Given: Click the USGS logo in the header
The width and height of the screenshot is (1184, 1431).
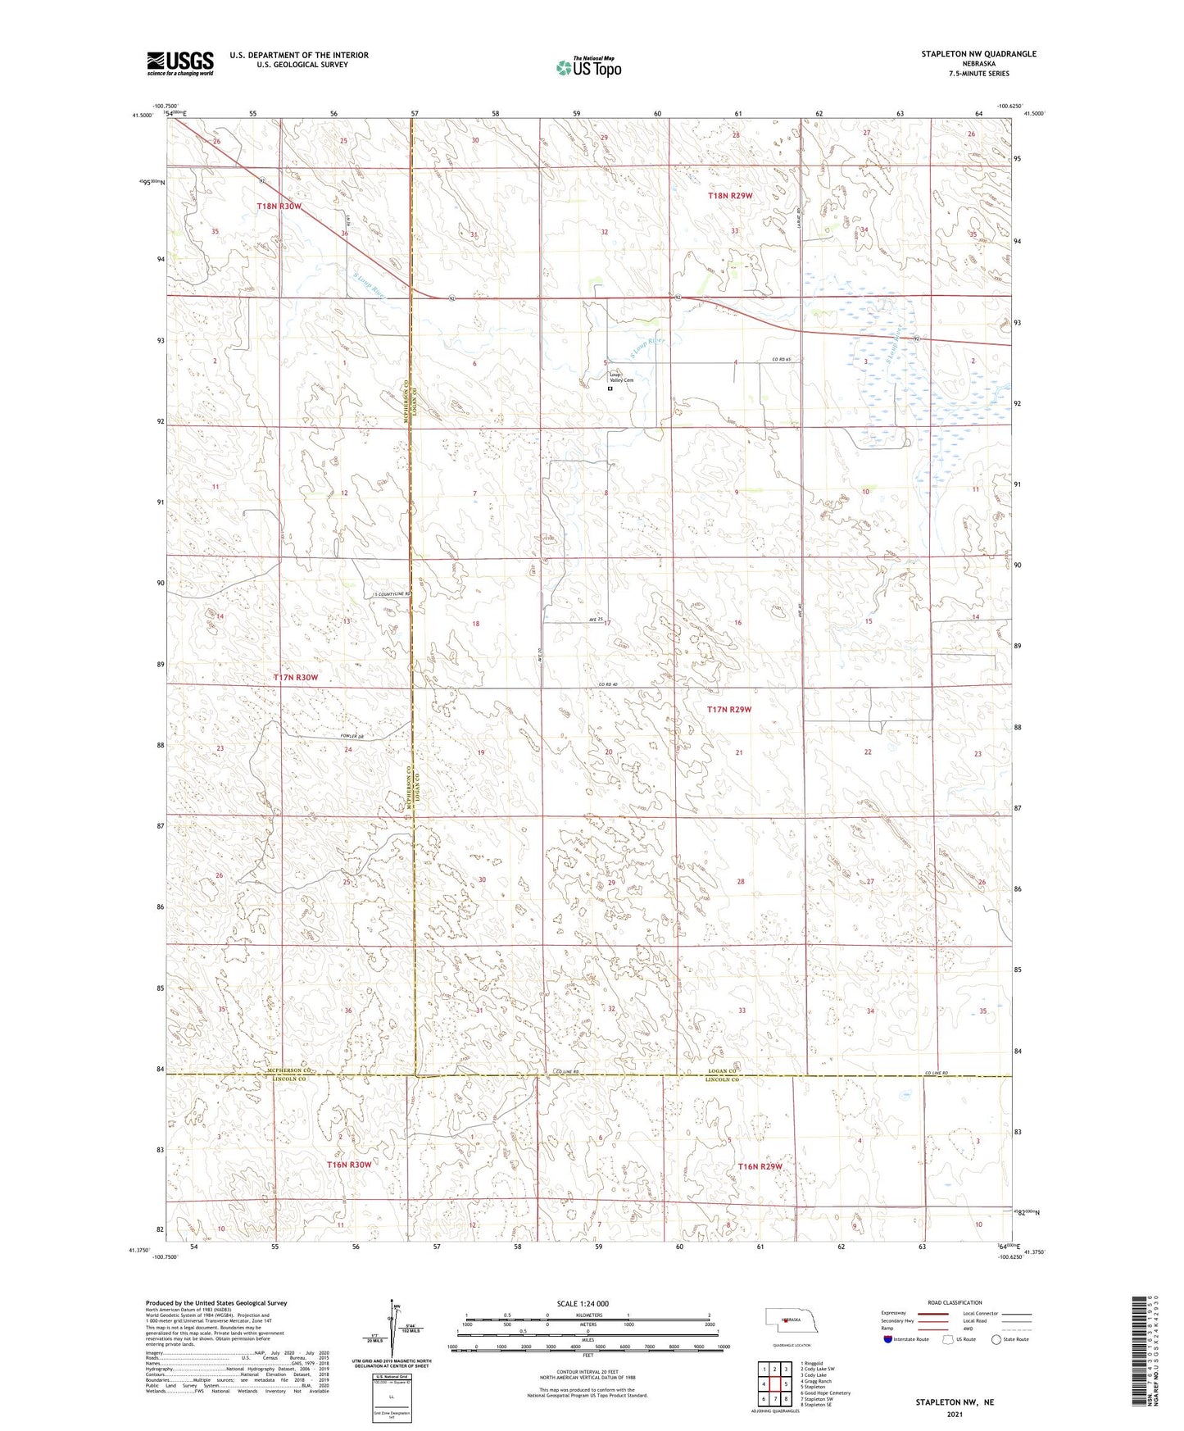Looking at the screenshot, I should coord(180,63).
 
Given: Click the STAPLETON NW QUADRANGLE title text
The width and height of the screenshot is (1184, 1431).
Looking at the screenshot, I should coord(978,54).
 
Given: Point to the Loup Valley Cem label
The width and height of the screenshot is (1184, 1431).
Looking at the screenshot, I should coord(620,378).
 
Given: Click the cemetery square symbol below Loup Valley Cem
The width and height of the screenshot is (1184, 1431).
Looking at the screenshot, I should coord(610,390).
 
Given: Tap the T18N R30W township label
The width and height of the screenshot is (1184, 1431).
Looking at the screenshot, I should coord(279,207).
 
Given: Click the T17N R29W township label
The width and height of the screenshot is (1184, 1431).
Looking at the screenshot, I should coord(728,710).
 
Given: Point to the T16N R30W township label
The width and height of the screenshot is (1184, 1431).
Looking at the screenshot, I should coord(349,1165).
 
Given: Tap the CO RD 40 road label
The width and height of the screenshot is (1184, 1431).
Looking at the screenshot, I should coord(607,685).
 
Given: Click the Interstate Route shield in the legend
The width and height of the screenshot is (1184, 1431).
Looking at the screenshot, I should coord(889,1340).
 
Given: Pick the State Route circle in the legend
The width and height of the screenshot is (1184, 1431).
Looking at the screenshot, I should coord(996,1340).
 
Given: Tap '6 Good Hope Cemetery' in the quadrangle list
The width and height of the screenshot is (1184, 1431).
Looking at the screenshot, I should coord(825,1392).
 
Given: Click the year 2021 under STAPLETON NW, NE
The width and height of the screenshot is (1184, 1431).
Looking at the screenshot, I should coord(954,1414).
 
